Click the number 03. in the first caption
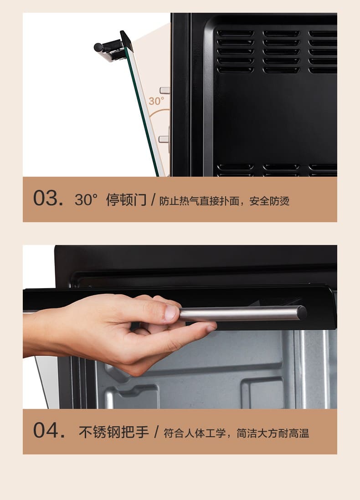(x=48, y=199)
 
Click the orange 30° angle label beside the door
(x=156, y=101)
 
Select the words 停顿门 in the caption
(x=126, y=200)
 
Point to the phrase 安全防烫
(x=269, y=201)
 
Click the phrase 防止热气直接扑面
(x=199, y=201)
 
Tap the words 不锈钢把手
(x=114, y=432)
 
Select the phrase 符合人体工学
(x=195, y=433)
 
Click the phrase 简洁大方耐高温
(x=273, y=433)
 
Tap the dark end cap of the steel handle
(x=302, y=313)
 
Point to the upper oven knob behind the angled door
(x=165, y=90)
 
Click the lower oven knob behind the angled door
(x=164, y=139)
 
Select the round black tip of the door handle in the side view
(x=98, y=47)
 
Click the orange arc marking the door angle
(x=158, y=112)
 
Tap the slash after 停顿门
(x=153, y=200)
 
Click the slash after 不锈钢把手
(x=156, y=432)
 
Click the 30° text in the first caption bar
(x=86, y=200)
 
